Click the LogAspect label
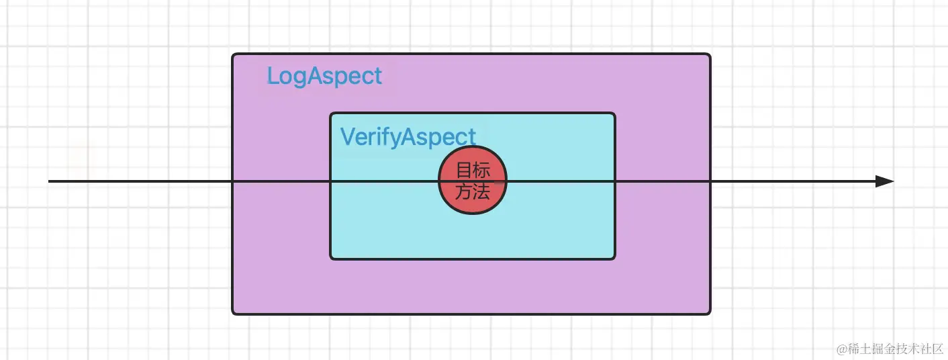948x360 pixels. pos(324,77)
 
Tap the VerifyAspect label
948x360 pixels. pos(408,137)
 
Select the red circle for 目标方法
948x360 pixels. pos(472,180)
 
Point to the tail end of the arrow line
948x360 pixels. pos(48,181)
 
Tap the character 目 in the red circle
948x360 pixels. pos(465,170)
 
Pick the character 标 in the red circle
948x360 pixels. pos(481,170)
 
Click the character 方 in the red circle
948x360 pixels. pos(464,191)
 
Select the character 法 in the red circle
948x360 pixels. pos(481,191)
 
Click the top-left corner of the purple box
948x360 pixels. pos(232,54)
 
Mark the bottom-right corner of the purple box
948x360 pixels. pos(710,314)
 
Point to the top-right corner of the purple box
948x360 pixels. pos(710,54)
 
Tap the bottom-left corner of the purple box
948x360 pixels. pos(232,314)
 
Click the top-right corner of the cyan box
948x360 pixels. pos(614,113)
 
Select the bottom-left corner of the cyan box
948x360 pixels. pos(330,259)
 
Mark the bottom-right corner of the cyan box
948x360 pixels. pos(614,259)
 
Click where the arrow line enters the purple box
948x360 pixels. pos(232,181)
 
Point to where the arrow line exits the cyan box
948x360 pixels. pos(614,181)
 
